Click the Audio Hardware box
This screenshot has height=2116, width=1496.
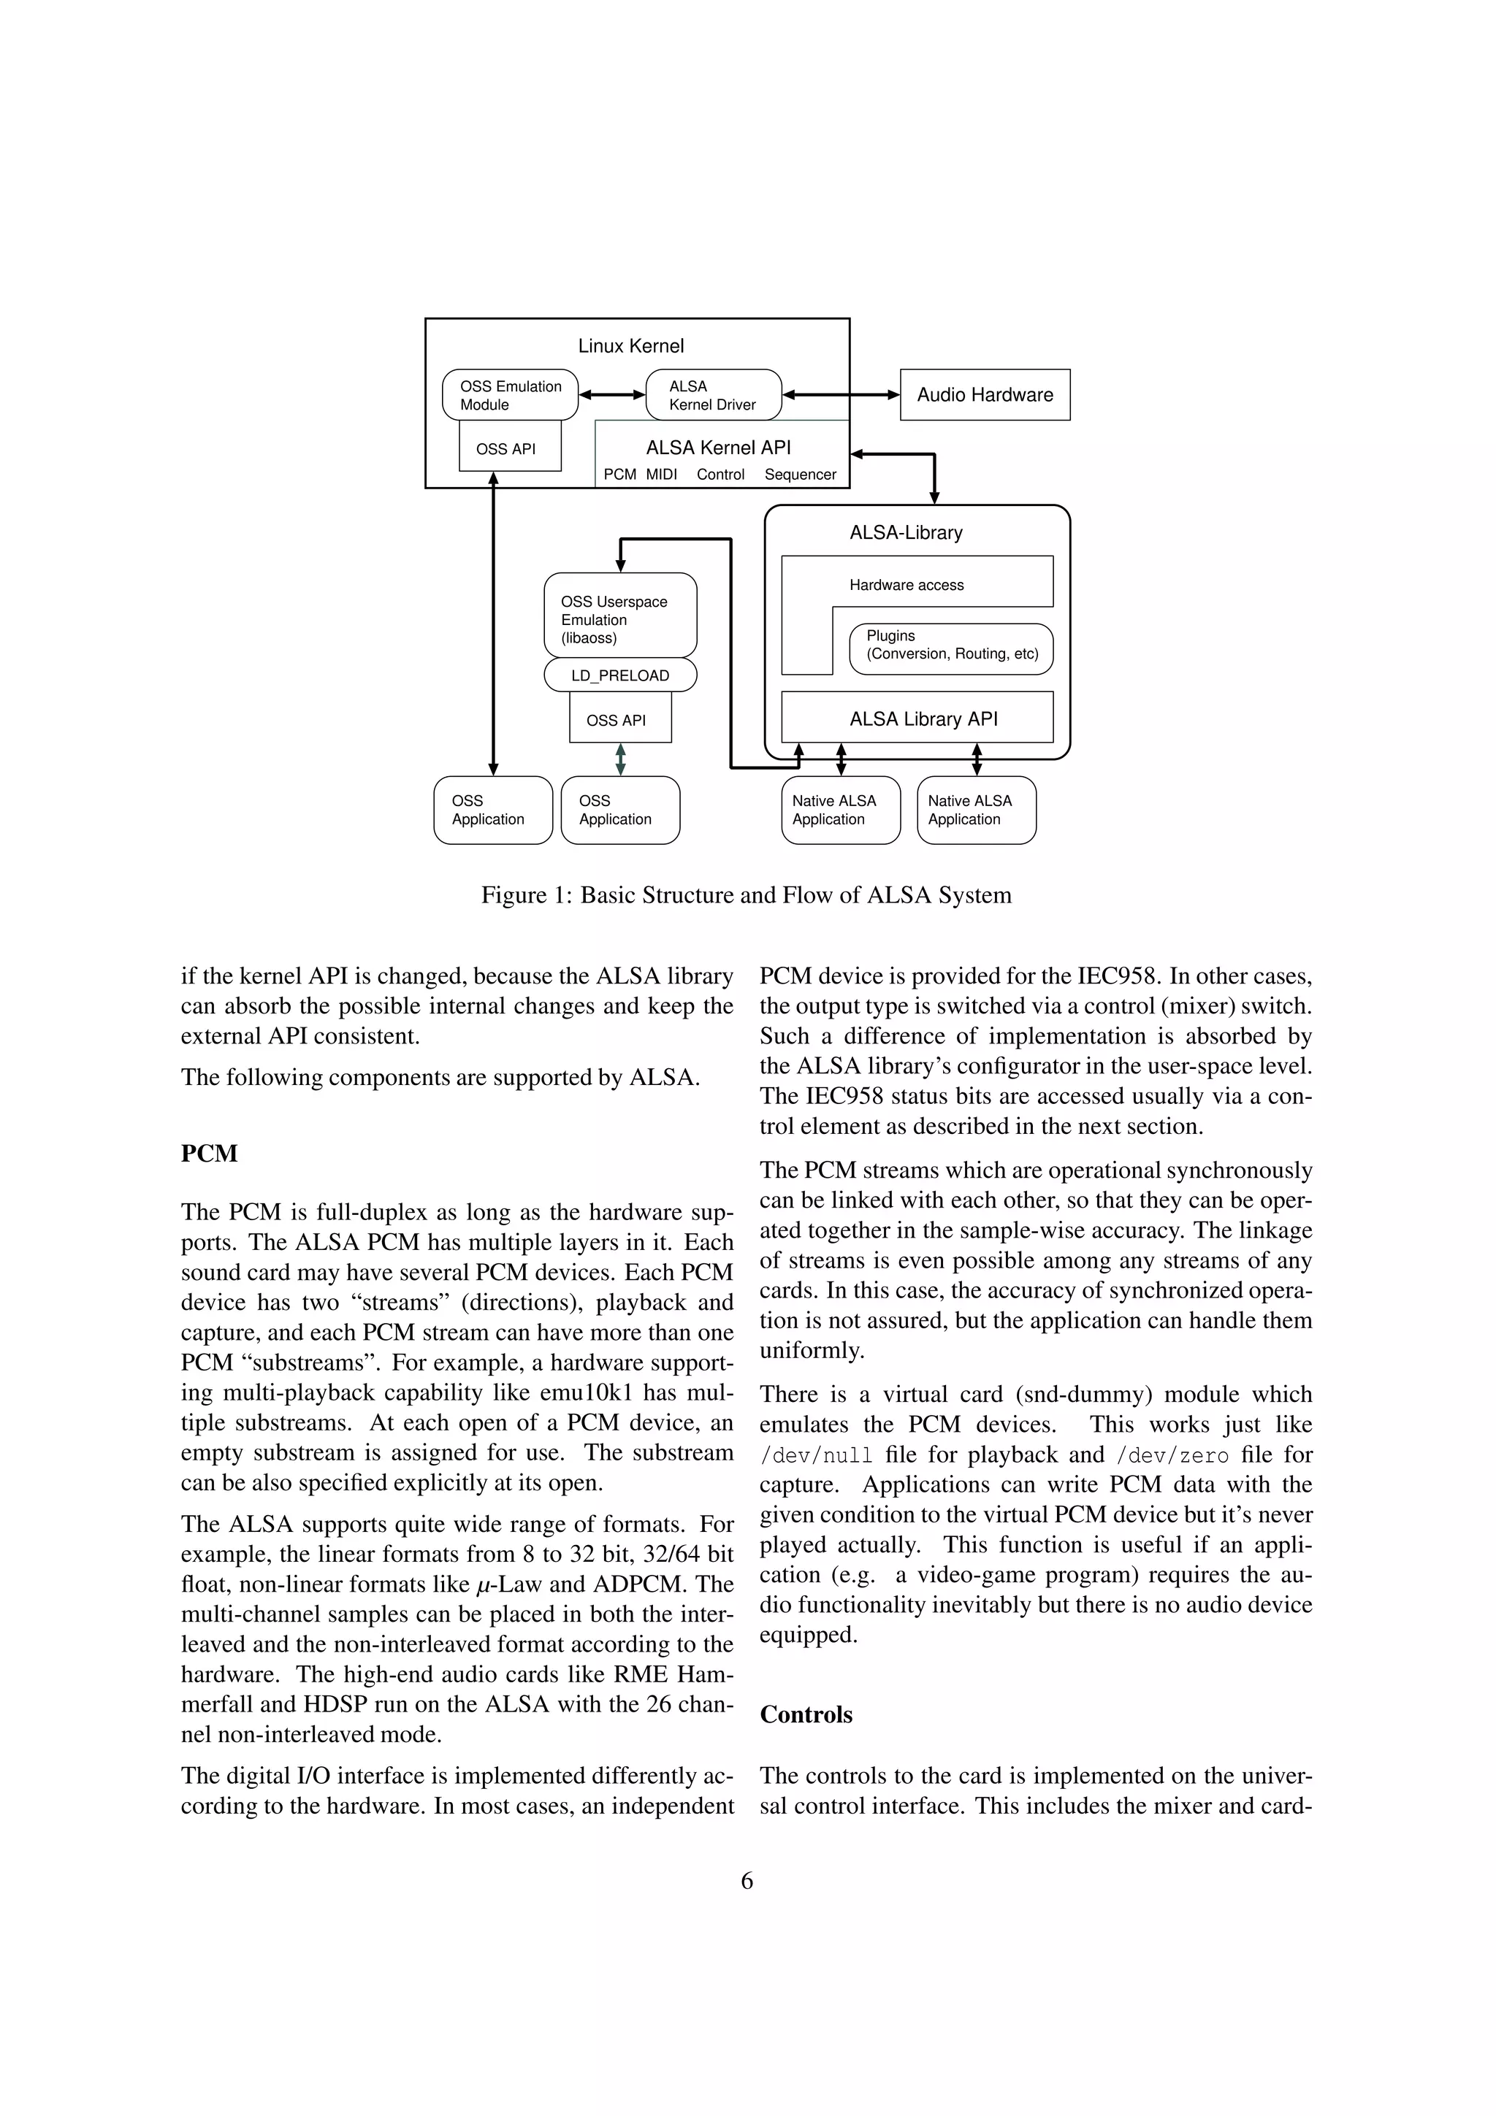[x=985, y=394]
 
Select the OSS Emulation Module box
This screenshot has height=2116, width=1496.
[x=510, y=395]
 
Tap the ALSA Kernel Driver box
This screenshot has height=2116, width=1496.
[x=712, y=395]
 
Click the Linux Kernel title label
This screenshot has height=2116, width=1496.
[x=630, y=345]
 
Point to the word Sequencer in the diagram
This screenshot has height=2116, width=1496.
[x=800, y=475]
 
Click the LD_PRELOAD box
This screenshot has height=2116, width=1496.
[x=619, y=675]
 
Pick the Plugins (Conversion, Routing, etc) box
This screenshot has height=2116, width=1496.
[x=951, y=645]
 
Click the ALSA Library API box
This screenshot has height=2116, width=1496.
[x=922, y=719]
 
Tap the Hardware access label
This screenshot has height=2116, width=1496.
[x=906, y=585]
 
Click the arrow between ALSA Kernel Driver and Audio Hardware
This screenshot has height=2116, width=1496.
[x=841, y=395]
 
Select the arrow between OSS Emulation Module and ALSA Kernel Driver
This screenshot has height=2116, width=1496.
[x=612, y=395]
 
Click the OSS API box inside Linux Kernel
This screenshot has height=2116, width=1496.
[x=506, y=449]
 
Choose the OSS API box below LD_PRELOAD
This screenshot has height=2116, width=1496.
[x=617, y=721]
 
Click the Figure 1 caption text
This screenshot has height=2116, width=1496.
[x=746, y=895]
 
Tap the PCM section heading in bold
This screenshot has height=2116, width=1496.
[x=209, y=1154]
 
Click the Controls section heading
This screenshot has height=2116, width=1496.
[x=806, y=1714]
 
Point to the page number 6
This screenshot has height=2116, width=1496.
[x=747, y=1881]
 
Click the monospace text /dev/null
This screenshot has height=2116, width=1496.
[x=816, y=1456]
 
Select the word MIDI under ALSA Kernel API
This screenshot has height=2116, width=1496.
[x=661, y=475]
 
